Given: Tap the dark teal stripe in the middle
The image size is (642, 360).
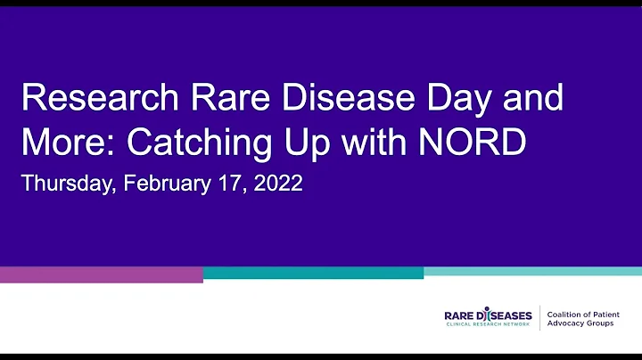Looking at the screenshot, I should coord(313,273).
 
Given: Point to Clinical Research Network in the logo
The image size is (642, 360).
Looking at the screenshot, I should coord(488,325).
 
